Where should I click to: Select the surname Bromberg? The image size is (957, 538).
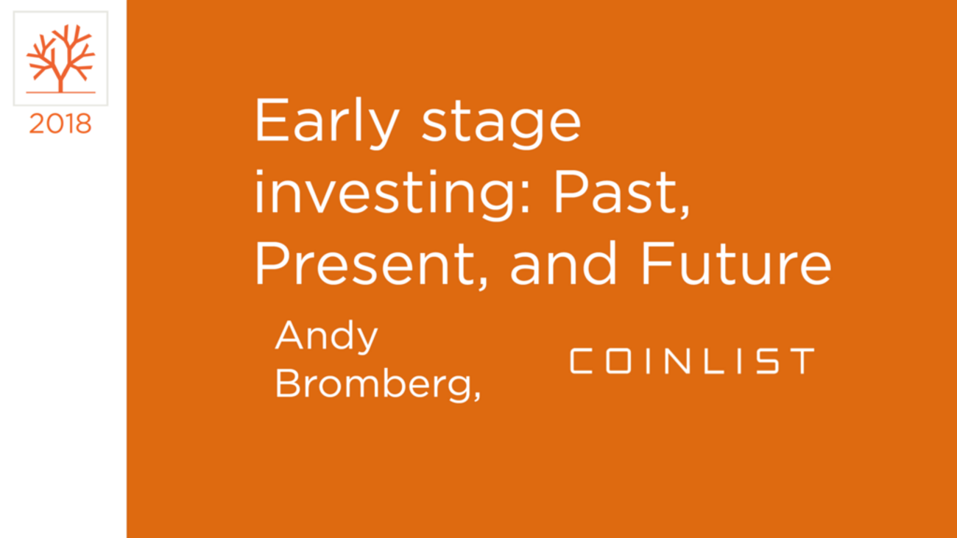coord(378,384)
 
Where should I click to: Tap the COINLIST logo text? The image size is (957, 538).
coord(692,361)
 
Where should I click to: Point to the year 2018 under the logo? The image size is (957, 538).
coord(60,124)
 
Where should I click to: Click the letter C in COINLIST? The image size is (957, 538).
coord(582,361)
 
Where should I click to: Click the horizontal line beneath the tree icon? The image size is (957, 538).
coord(60,93)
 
